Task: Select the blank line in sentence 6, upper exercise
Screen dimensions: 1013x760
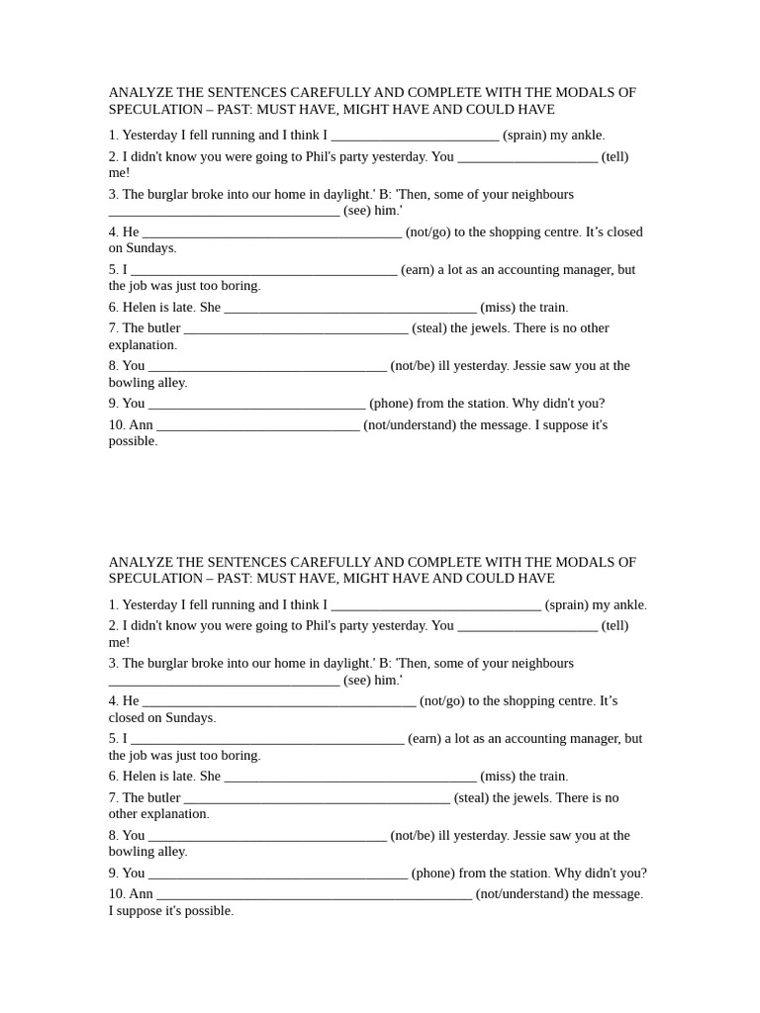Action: point(350,309)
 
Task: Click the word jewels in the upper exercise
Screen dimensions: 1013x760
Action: point(486,328)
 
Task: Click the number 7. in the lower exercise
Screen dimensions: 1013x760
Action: point(114,798)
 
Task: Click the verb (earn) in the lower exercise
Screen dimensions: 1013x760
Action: point(424,739)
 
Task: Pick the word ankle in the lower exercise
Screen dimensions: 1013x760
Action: point(628,605)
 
